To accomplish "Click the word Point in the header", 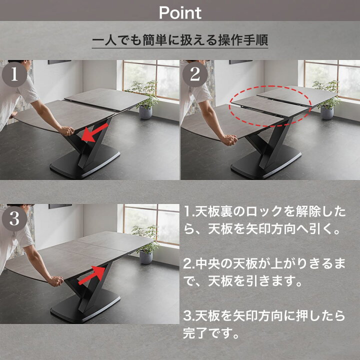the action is tap(180, 12).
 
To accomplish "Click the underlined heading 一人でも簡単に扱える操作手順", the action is tap(180, 40).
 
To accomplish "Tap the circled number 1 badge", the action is tap(14, 74).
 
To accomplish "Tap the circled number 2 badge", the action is tap(195, 74).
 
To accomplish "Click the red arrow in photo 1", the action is tap(95, 132).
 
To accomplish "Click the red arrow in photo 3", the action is tap(91, 275).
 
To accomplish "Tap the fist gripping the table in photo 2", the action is tap(229, 140).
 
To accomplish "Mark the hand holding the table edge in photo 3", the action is tap(55, 281).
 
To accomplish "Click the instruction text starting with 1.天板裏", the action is tap(264, 220).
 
